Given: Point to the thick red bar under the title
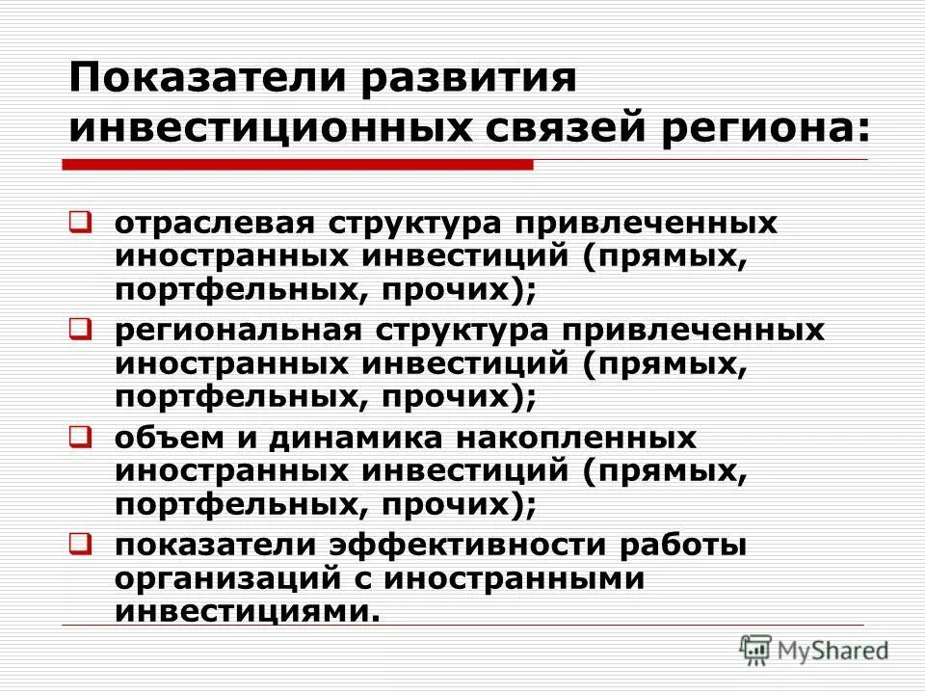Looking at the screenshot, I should tap(299, 166).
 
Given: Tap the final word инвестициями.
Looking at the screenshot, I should tap(241, 612).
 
